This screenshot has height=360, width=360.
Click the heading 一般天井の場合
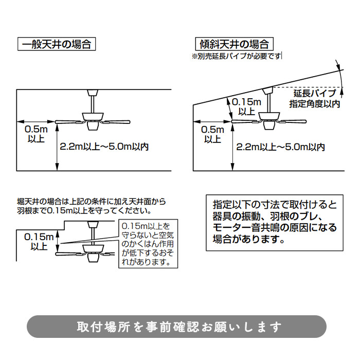[57, 44]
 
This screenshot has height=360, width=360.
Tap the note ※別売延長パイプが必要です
[237, 56]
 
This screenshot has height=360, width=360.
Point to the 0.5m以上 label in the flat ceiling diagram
[35, 134]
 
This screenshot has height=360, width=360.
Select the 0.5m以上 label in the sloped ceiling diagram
[212, 134]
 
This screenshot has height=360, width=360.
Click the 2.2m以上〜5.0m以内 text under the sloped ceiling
[280, 147]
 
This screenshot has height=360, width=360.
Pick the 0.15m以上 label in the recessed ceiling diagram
[38, 242]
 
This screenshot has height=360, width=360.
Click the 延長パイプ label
[315, 94]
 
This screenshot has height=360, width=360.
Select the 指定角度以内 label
[315, 104]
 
